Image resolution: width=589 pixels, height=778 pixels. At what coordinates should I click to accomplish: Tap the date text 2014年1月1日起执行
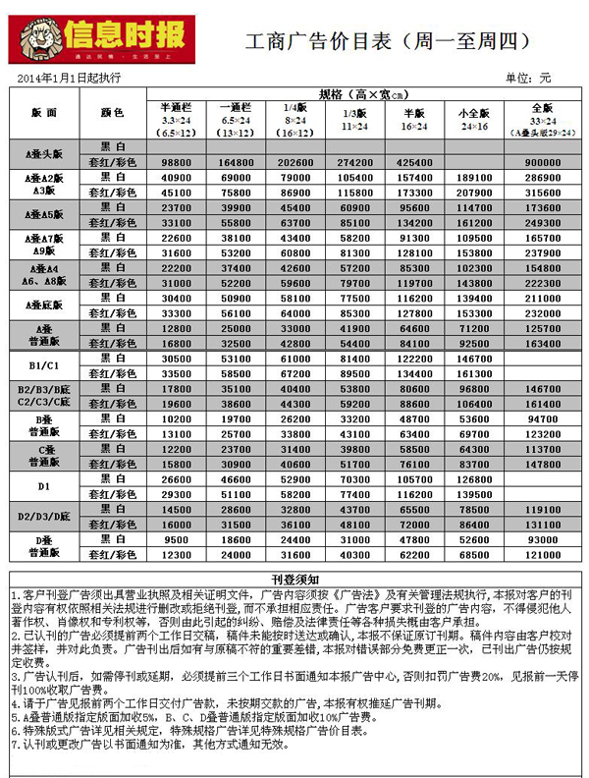click(x=69, y=77)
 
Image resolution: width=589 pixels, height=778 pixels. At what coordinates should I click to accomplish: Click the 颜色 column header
click(x=112, y=113)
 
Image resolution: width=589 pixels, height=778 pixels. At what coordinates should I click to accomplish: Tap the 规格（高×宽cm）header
click(x=361, y=93)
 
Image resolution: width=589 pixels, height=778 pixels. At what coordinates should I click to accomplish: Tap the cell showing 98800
click(x=178, y=162)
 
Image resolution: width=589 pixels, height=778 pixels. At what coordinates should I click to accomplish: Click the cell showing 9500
click(x=178, y=539)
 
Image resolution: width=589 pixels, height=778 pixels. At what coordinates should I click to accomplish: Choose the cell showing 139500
click(x=474, y=494)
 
